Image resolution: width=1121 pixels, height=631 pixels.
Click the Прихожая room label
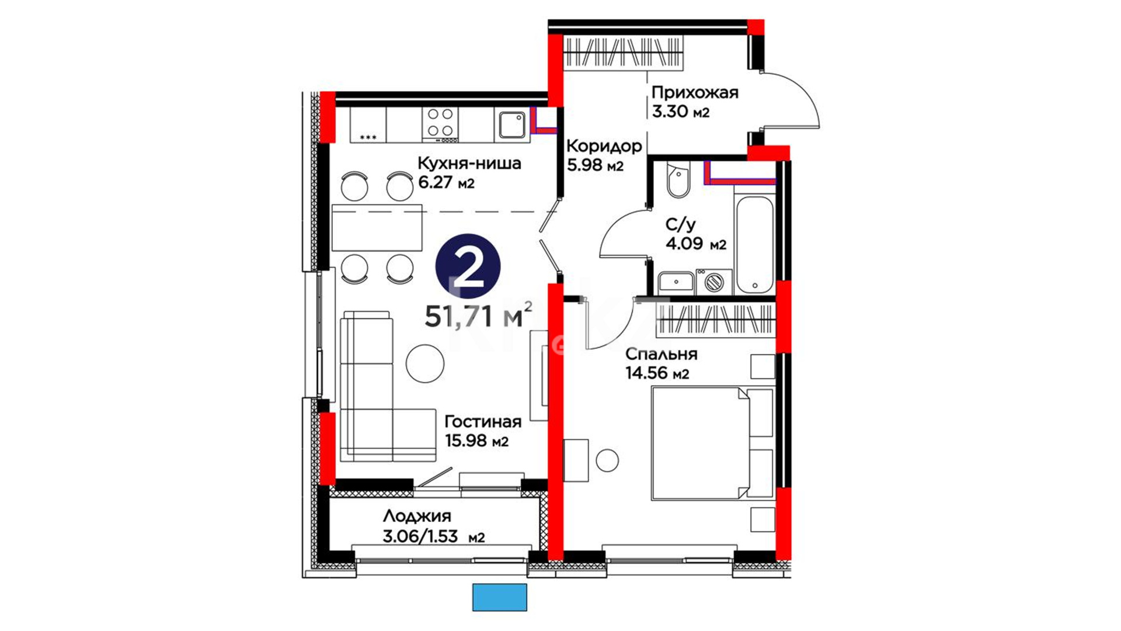(x=695, y=92)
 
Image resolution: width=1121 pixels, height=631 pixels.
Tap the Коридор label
(x=604, y=145)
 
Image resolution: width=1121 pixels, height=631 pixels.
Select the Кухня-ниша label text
(x=469, y=163)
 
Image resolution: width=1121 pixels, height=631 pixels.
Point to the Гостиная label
(x=483, y=421)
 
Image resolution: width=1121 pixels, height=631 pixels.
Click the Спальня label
(x=661, y=354)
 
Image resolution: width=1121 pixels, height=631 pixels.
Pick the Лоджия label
(x=417, y=516)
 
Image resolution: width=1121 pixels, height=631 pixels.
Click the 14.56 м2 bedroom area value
(x=657, y=373)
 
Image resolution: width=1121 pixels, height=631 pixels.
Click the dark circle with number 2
(x=468, y=266)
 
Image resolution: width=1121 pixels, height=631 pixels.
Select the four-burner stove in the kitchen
(x=440, y=124)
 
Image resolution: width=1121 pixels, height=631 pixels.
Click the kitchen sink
(x=511, y=124)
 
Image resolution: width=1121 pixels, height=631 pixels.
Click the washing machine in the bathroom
(x=713, y=282)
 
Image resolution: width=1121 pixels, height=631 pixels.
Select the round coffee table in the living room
(x=425, y=363)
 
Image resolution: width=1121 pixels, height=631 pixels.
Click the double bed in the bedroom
(x=712, y=444)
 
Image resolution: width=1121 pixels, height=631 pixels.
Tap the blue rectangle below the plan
(x=500, y=597)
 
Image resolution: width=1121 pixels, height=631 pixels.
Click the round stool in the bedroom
(x=607, y=460)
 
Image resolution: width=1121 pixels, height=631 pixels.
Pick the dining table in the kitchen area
(x=377, y=228)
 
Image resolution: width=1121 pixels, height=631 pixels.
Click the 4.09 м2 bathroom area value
(x=696, y=243)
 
